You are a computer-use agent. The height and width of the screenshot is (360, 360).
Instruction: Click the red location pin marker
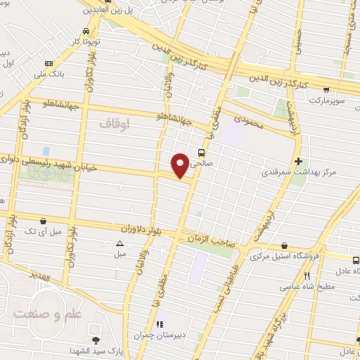(x=181, y=165)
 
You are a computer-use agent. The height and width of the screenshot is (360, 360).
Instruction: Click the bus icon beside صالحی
(x=202, y=152)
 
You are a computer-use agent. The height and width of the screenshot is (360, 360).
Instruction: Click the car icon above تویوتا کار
(x=86, y=32)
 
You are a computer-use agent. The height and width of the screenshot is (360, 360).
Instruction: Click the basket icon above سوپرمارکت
(x=326, y=89)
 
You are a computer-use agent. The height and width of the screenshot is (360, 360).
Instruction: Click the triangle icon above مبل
(x=120, y=243)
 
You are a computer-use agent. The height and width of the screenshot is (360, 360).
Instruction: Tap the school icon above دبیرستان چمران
(x=160, y=324)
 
